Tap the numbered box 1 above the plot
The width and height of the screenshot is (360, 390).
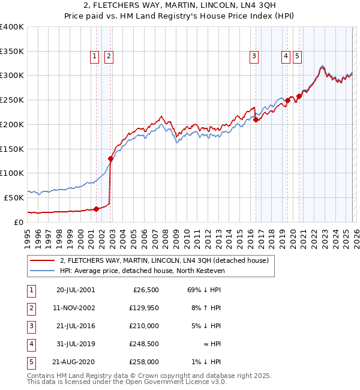coord(95,57)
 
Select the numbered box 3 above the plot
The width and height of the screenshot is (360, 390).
coord(254,57)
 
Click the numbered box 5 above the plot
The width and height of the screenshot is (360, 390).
coord(298,57)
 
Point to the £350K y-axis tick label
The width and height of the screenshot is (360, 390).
coord(12,52)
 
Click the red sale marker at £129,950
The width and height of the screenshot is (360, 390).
coord(111,159)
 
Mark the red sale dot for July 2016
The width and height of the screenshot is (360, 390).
coord(256,120)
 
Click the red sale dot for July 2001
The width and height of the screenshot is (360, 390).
coord(97,209)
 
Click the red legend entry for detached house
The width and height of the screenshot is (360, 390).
coord(167,260)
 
